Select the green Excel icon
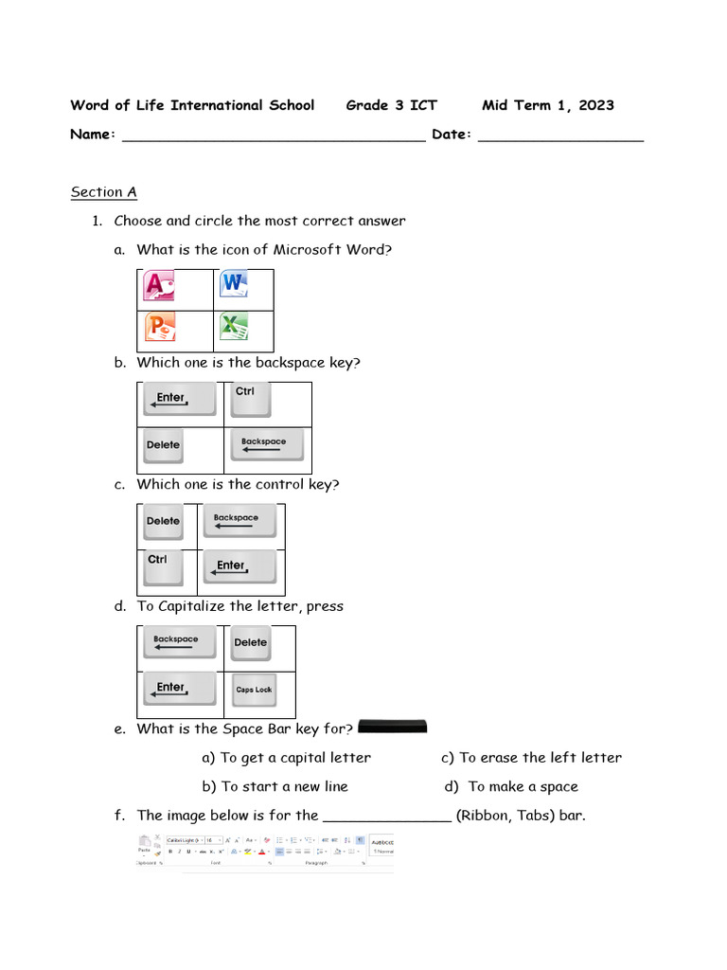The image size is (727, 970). click(x=233, y=328)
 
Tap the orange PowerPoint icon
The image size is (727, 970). click(x=160, y=328)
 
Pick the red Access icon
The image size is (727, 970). click(x=158, y=286)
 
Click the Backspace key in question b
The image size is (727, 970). click(x=266, y=444)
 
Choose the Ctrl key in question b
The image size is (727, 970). click(x=250, y=399)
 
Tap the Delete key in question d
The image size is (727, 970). click(x=251, y=643)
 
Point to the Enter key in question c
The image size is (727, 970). click(x=239, y=567)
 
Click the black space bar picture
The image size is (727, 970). click(x=394, y=727)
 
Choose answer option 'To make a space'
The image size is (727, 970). click(x=523, y=786)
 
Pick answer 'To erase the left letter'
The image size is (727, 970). click(x=540, y=758)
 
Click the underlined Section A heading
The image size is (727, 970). click(x=104, y=192)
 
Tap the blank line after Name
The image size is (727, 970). click(x=274, y=136)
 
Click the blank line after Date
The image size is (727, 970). click(x=560, y=136)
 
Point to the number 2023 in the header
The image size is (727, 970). click(x=595, y=105)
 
